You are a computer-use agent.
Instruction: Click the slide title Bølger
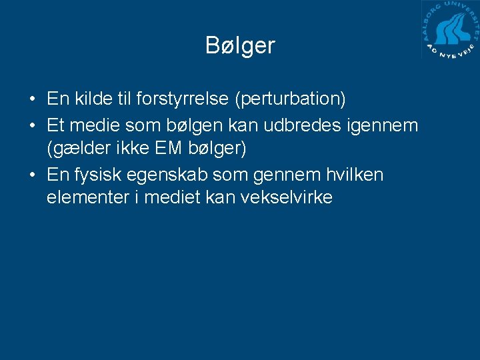[x=240, y=45]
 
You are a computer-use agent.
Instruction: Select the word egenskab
[x=168, y=175]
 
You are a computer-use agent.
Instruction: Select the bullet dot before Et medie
[x=32, y=125]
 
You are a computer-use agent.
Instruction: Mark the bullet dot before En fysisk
[x=32, y=175]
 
